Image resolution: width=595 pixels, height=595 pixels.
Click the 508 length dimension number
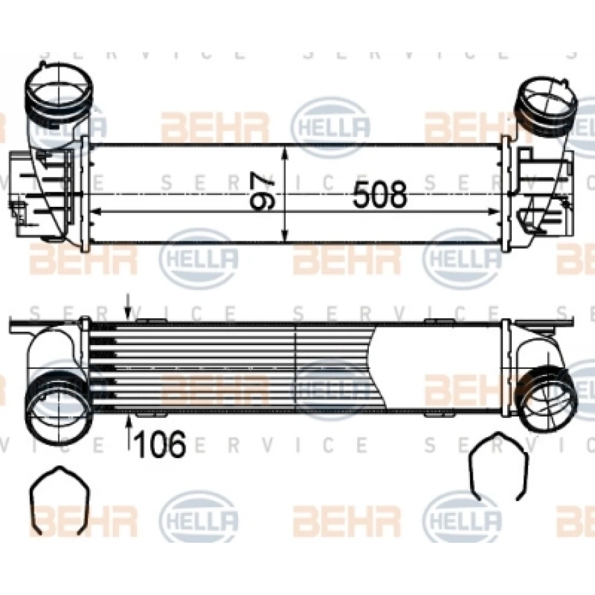pos(379,195)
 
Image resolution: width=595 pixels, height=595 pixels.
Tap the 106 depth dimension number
pos(159,445)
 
